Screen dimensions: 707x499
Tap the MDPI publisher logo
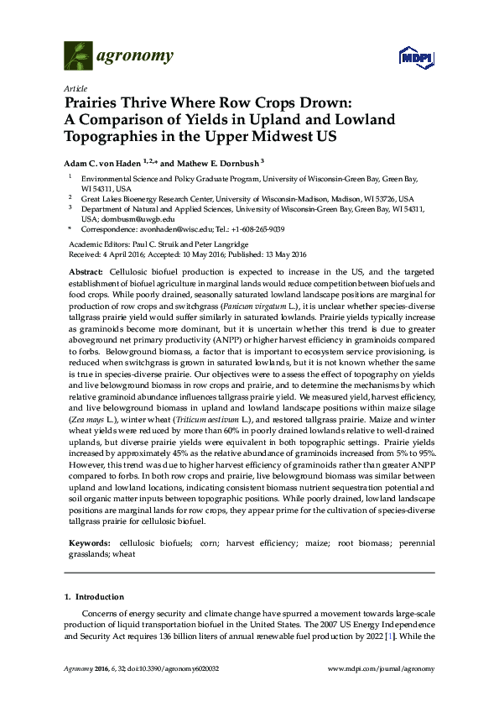[x=410, y=57]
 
